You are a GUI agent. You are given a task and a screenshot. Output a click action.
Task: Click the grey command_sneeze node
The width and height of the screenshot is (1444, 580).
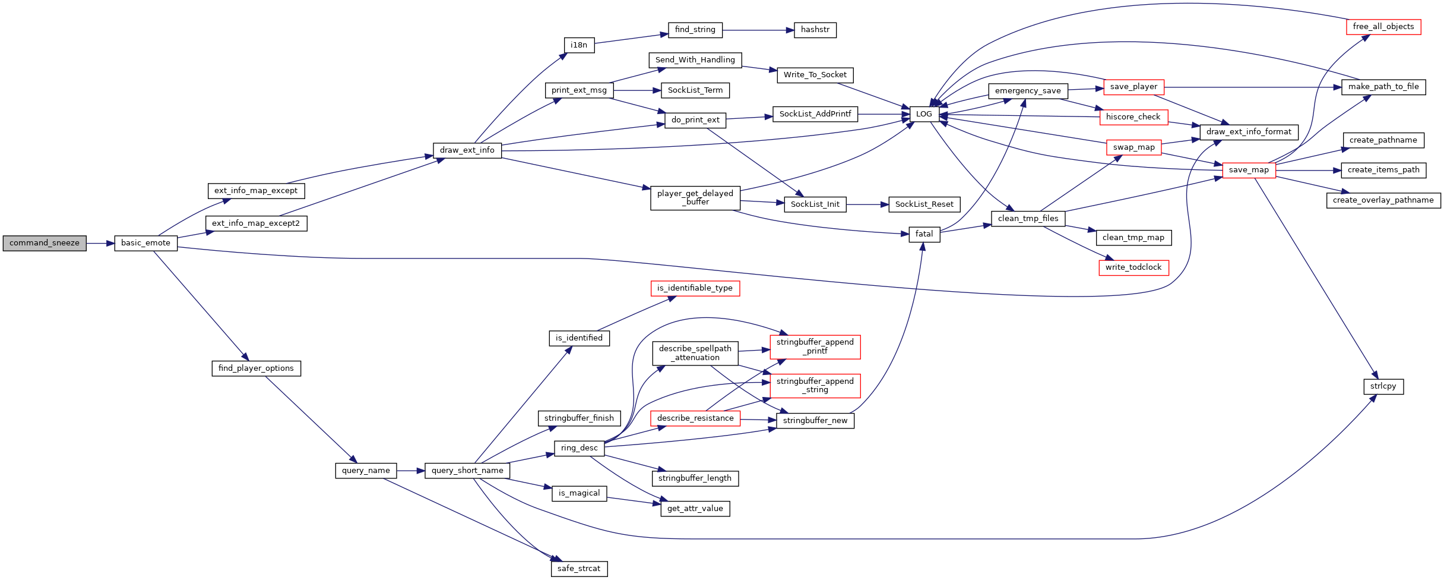coord(45,243)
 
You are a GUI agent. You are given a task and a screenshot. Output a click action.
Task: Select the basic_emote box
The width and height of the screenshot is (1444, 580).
coord(145,243)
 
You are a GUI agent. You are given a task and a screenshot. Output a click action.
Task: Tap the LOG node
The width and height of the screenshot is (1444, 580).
coord(924,114)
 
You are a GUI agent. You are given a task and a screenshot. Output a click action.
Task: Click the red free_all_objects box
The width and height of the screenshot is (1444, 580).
coord(1383,27)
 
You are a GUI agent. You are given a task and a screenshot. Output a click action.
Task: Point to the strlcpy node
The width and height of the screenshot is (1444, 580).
coord(1383,386)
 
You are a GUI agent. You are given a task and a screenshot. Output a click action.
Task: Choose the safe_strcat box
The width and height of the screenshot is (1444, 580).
coord(579,569)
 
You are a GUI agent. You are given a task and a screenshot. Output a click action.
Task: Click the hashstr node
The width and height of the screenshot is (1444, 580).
coord(815,30)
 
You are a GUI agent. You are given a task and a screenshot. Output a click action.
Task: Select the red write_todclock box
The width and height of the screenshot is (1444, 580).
coord(1133,267)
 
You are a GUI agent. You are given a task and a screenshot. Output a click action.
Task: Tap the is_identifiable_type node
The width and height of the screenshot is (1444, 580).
coord(695,288)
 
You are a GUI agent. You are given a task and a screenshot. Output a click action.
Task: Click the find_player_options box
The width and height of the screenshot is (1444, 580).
coord(256,368)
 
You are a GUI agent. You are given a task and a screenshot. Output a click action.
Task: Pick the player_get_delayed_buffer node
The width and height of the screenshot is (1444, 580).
coord(695,198)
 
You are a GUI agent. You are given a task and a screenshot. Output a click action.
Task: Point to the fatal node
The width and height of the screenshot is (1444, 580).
coord(924,234)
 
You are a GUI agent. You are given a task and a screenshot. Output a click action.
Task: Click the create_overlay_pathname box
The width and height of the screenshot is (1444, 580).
coord(1383,200)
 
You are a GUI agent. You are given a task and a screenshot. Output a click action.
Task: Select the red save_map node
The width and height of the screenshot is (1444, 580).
coord(1249,170)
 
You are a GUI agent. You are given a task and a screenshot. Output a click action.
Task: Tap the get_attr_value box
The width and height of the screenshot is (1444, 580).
coord(695,509)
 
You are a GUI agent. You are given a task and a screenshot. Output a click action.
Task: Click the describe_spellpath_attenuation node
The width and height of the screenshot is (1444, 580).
coord(695,353)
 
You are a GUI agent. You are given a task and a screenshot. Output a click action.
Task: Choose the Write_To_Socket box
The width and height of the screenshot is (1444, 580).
coord(815,75)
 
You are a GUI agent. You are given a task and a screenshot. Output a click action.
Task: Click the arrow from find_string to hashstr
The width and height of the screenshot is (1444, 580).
coord(758,30)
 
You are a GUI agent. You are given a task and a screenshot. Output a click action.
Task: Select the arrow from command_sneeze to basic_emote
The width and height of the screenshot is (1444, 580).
coord(100,243)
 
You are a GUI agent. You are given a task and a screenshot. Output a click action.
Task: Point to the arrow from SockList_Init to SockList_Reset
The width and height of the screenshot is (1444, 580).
coord(867,204)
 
